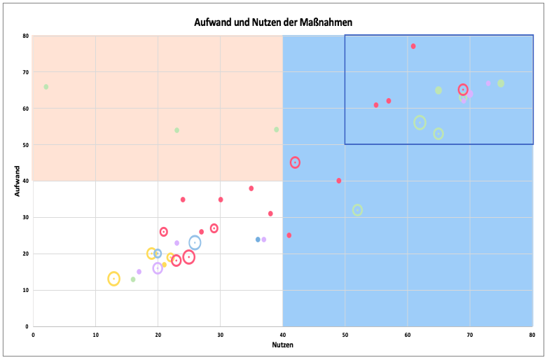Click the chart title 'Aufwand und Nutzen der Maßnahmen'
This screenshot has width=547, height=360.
pyautogui.click(x=273, y=22)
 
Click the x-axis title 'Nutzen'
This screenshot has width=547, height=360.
pyautogui.click(x=282, y=346)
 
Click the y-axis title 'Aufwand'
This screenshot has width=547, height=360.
pyautogui.click(x=18, y=181)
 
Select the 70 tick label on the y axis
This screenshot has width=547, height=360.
pyautogui.click(x=25, y=72)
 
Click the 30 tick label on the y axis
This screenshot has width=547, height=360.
pyautogui.click(x=25, y=218)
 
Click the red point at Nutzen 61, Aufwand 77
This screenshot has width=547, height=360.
pyautogui.click(x=413, y=46)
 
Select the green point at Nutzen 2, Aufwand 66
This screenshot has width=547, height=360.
pyautogui.click(x=46, y=87)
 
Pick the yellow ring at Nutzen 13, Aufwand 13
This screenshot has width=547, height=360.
pyautogui.click(x=114, y=279)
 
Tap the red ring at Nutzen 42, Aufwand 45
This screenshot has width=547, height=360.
pyautogui.click(x=295, y=162)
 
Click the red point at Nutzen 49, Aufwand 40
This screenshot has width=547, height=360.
pyautogui.click(x=339, y=181)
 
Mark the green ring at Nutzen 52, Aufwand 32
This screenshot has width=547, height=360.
pyautogui.click(x=358, y=210)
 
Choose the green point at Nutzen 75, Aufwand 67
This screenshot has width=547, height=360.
pyautogui.click(x=501, y=83)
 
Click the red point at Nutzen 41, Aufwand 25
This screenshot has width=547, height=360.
pyautogui.click(x=289, y=235)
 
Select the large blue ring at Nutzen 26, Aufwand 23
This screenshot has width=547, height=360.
pyautogui.click(x=195, y=243)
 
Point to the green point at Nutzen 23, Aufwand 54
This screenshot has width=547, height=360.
pyautogui.click(x=177, y=130)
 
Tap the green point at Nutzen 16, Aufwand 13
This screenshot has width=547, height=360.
pyautogui.click(x=133, y=279)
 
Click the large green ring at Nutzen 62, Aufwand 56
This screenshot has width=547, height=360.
pyautogui.click(x=420, y=123)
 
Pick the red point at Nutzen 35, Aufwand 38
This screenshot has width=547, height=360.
pyautogui.click(x=251, y=188)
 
